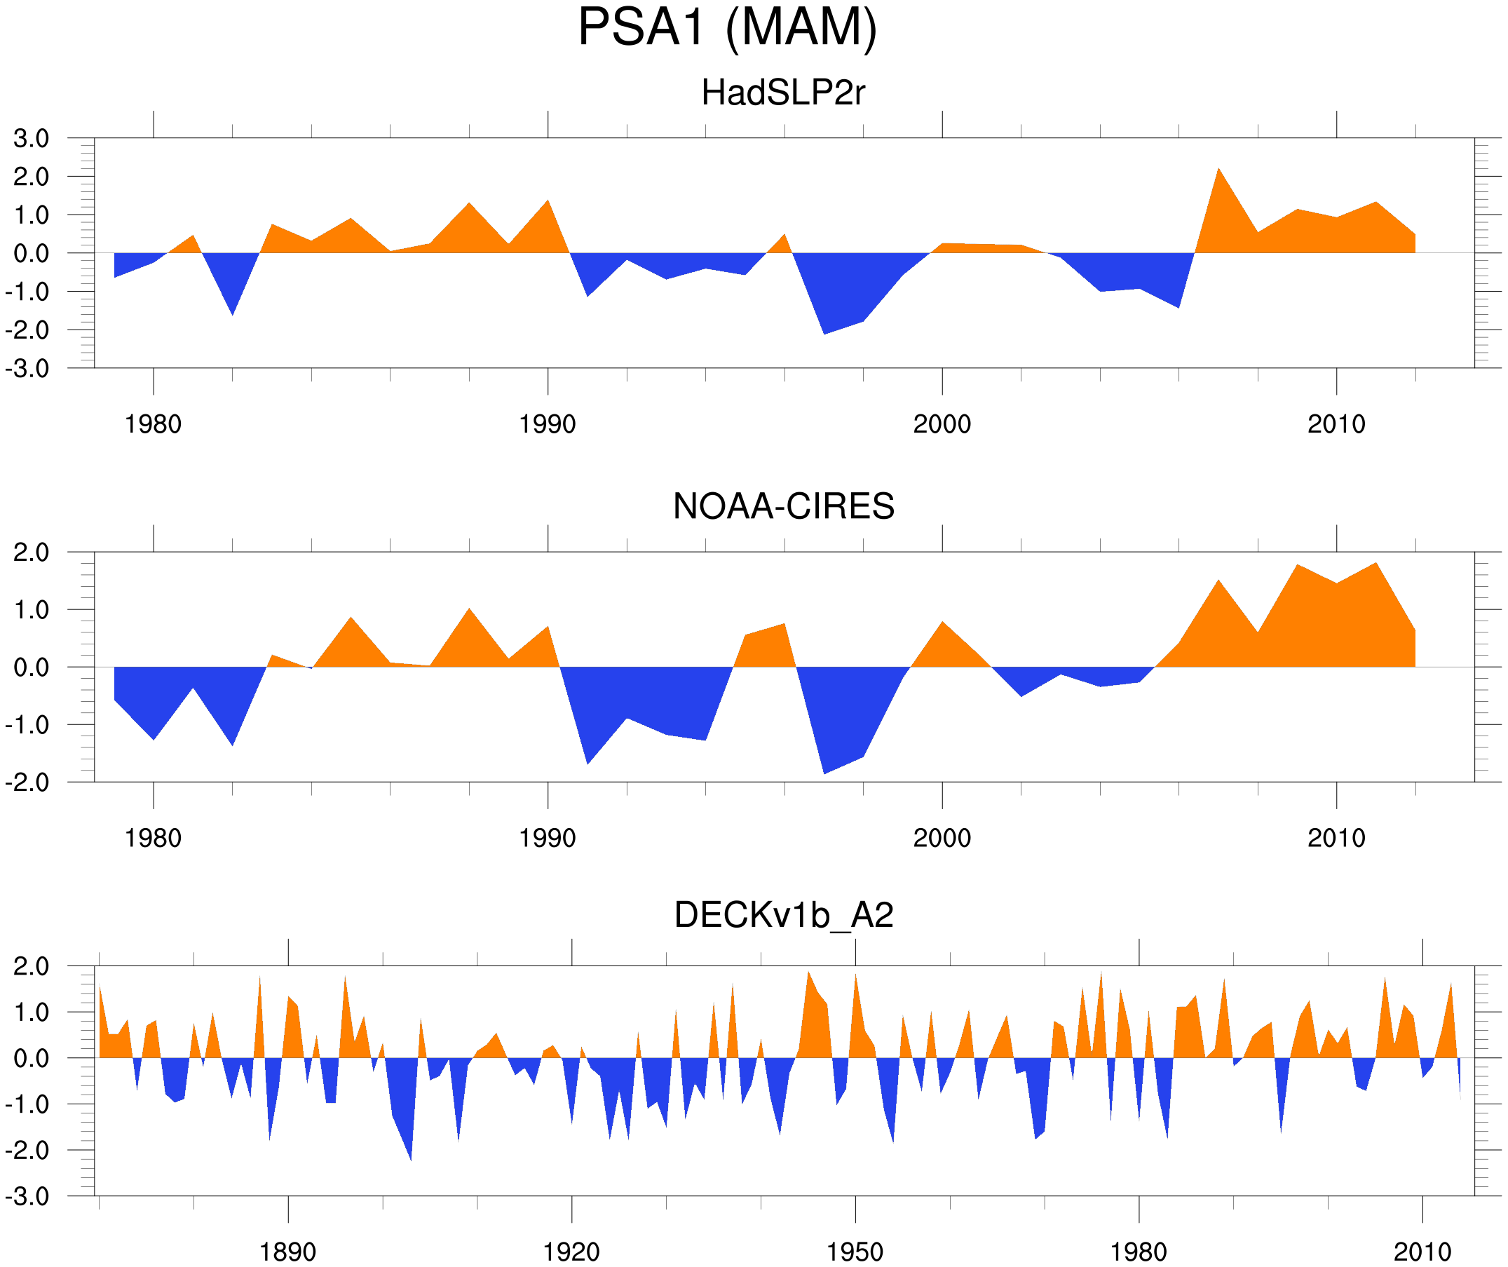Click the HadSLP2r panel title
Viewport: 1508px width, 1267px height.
[x=782, y=93]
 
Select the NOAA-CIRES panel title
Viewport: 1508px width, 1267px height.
[x=783, y=506]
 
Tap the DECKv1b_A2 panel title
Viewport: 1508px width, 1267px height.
[x=783, y=915]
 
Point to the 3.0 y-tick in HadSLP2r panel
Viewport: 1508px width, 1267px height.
[x=31, y=139]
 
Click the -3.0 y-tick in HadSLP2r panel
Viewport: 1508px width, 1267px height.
[x=27, y=370]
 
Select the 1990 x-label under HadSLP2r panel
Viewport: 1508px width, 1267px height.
[x=548, y=424]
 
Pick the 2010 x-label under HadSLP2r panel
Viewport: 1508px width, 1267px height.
[x=1336, y=424]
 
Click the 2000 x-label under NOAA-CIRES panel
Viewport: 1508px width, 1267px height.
[x=942, y=838]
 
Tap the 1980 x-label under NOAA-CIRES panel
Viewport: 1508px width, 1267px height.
[x=153, y=838]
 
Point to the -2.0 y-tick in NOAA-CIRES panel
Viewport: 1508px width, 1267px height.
[x=27, y=783]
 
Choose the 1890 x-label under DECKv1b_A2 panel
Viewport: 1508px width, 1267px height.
[x=287, y=1252]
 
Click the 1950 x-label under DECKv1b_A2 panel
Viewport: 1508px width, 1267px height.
[x=855, y=1252]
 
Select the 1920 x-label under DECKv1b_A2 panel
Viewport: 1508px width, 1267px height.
[x=571, y=1252]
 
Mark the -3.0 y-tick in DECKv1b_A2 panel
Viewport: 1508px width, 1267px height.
[x=27, y=1197]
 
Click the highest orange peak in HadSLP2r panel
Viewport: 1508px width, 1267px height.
[x=1218, y=170]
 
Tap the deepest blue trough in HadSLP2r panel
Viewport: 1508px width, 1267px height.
[x=824, y=333]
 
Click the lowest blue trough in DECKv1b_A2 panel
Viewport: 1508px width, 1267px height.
[x=411, y=1159]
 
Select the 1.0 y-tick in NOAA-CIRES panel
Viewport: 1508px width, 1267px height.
[x=31, y=611]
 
